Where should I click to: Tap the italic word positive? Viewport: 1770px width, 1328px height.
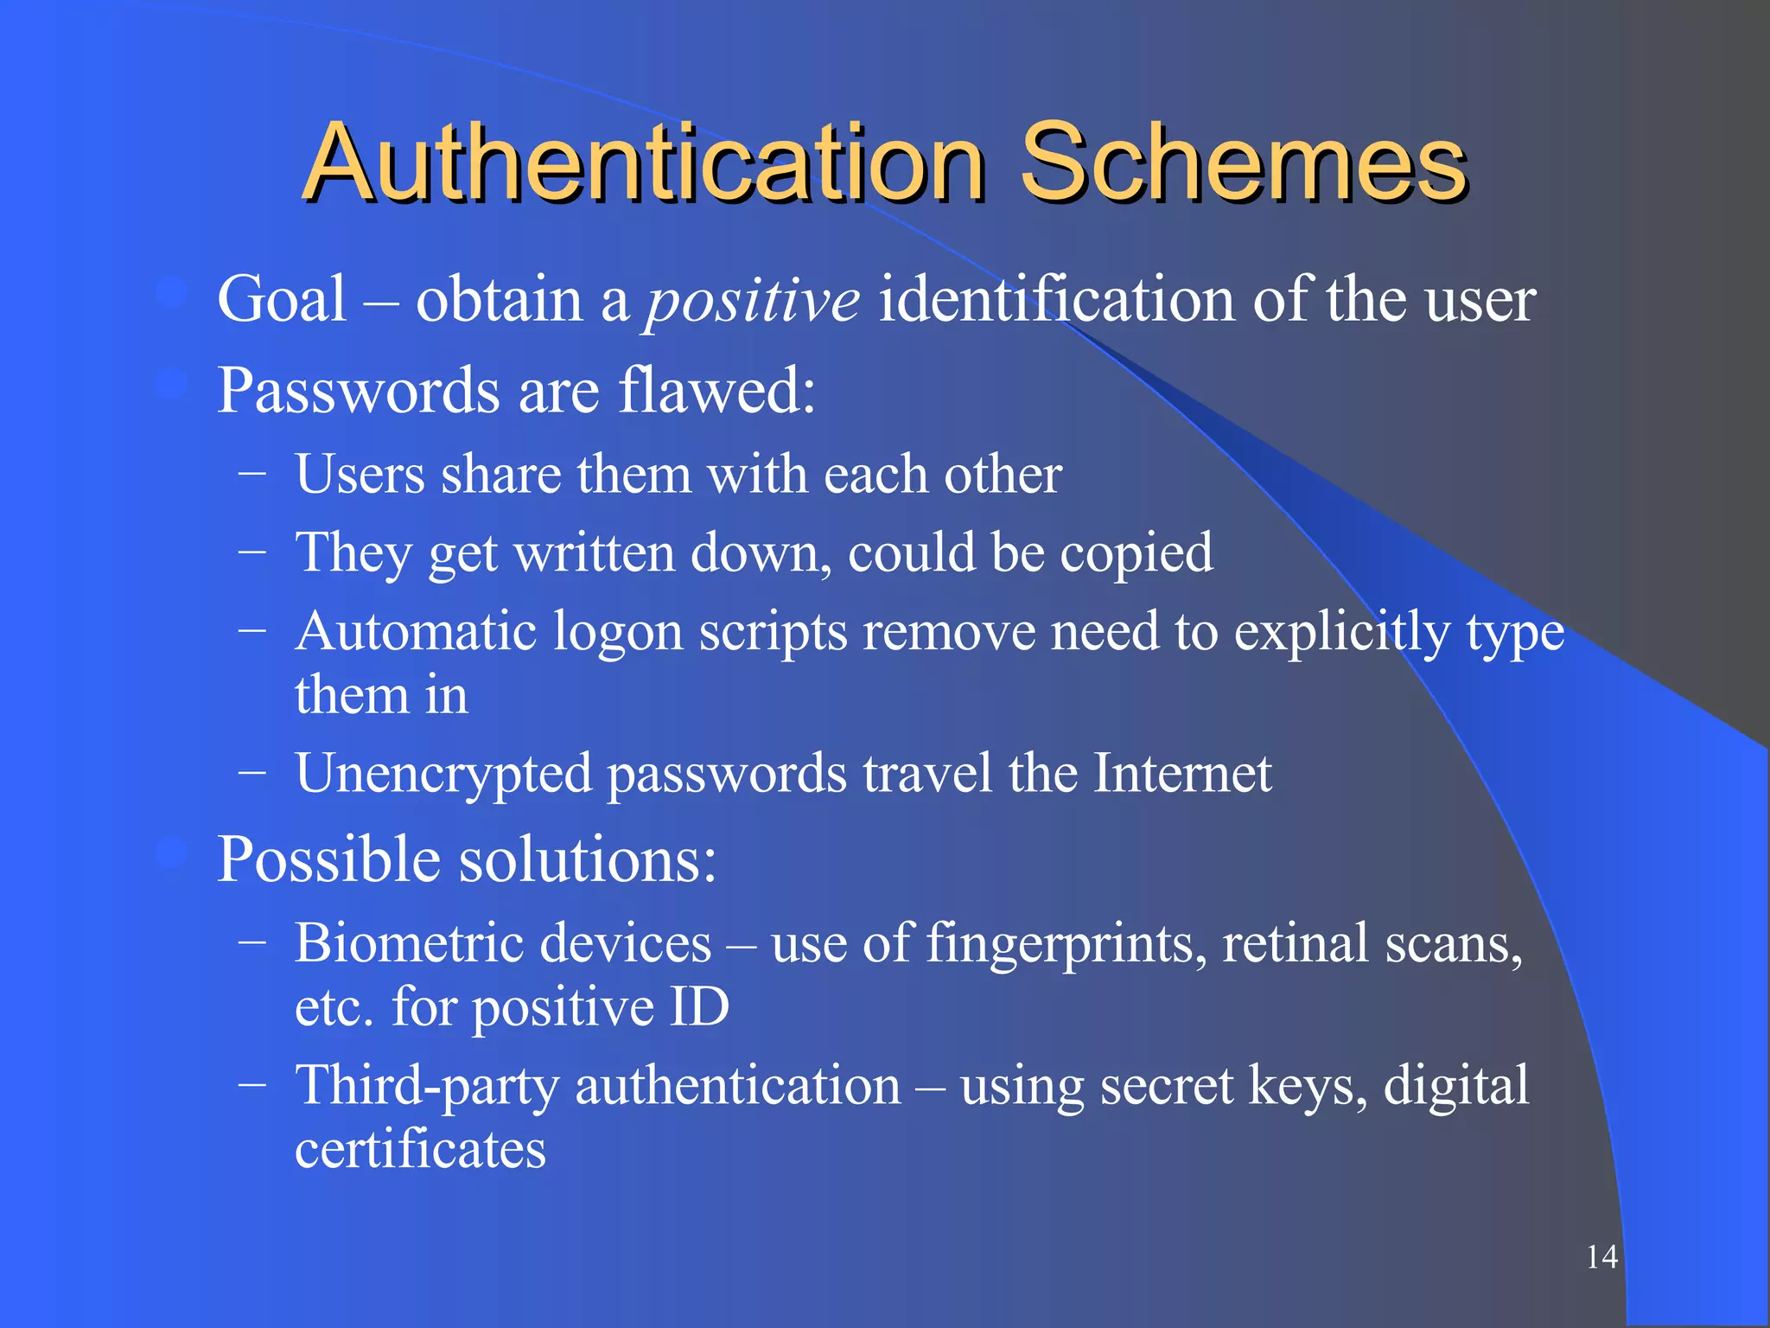pos(752,301)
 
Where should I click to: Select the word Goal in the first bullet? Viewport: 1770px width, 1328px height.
pos(282,299)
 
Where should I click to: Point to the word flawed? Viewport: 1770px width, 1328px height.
pos(716,390)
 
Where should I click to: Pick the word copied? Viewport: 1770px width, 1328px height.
pos(1136,553)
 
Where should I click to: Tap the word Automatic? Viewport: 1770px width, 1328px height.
pos(416,631)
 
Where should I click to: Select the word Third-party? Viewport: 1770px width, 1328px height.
pos(427,1087)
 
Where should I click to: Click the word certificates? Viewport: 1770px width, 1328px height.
pos(420,1150)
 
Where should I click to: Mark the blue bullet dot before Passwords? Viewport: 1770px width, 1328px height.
pos(172,384)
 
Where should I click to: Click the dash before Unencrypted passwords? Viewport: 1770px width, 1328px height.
pos(251,772)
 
